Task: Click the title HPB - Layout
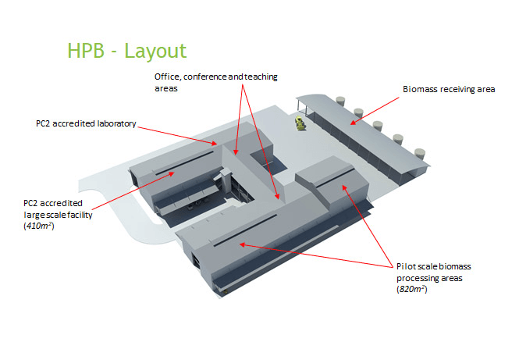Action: tap(127, 52)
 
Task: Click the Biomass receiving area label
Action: tap(449, 90)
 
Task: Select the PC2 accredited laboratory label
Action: tap(86, 123)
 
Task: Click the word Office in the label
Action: tap(165, 77)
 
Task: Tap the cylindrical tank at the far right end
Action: tap(421, 155)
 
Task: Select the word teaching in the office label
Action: tap(256, 77)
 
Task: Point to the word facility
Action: tap(81, 214)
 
